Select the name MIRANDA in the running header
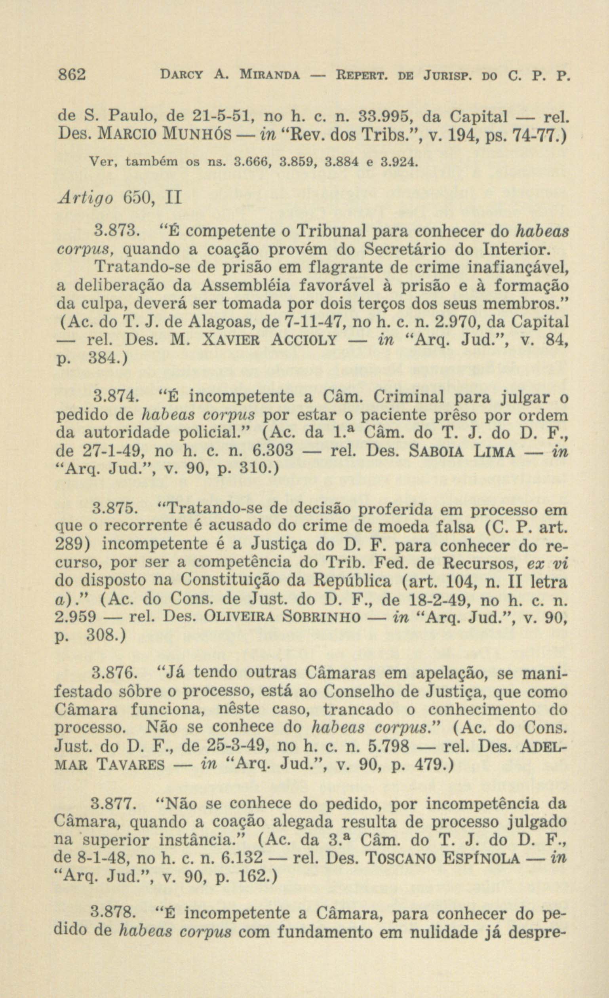click(270, 75)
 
